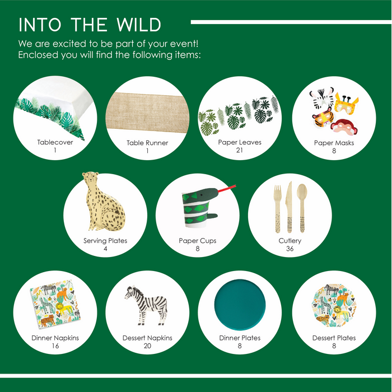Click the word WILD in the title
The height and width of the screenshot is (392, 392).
tap(138, 25)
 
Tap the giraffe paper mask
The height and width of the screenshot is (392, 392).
tap(346, 103)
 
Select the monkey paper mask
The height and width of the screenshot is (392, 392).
tap(344, 127)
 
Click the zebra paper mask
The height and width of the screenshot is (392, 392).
tap(322, 98)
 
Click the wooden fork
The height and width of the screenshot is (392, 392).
tap(278, 209)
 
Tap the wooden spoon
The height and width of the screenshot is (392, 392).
tap(302, 208)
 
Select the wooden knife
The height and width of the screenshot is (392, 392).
tap(290, 207)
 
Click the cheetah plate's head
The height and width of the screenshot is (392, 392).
tap(91, 178)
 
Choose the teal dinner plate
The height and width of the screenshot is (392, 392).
tap(240, 304)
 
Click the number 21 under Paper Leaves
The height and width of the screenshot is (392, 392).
tap(240, 150)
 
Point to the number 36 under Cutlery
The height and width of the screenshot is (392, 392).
tap(290, 249)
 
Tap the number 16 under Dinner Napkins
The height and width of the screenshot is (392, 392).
tap(55, 346)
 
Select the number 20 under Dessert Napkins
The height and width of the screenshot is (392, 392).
tap(147, 346)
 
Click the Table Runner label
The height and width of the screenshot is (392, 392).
tap(147, 143)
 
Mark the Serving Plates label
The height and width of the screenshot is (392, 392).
tap(105, 240)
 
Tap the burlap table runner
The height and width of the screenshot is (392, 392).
tap(147, 113)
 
